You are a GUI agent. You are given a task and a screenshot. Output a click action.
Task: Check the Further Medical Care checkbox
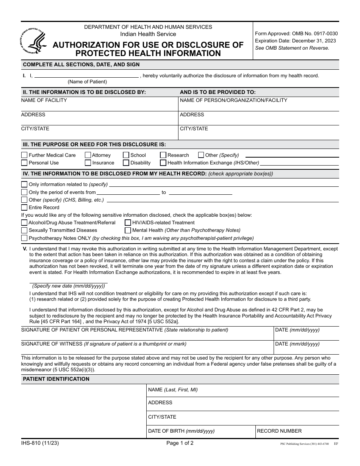coord(24,155)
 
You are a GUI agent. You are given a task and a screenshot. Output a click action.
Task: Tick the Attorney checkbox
coord(88,155)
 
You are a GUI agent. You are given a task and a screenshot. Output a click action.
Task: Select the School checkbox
coord(126,155)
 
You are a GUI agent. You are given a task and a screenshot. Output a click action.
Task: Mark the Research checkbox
coord(163,155)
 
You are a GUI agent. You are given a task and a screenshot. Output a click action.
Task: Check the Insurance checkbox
coord(88,163)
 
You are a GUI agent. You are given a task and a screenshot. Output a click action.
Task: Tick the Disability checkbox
coord(126,163)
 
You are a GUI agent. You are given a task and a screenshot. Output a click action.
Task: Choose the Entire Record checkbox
coord(24,208)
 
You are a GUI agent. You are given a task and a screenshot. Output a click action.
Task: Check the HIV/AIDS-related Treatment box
coord(128,223)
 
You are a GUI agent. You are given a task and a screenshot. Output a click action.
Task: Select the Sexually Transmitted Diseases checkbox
coord(24,230)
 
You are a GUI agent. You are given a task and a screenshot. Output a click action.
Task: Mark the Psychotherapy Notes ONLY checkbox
coord(24,238)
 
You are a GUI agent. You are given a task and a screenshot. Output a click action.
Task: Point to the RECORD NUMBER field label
coord(279,431)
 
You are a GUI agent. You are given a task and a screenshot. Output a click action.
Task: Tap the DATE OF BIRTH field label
coord(181,431)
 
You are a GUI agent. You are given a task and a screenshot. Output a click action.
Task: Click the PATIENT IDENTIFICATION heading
coord(56,379)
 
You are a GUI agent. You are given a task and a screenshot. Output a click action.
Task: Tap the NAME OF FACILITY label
coord(44,100)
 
